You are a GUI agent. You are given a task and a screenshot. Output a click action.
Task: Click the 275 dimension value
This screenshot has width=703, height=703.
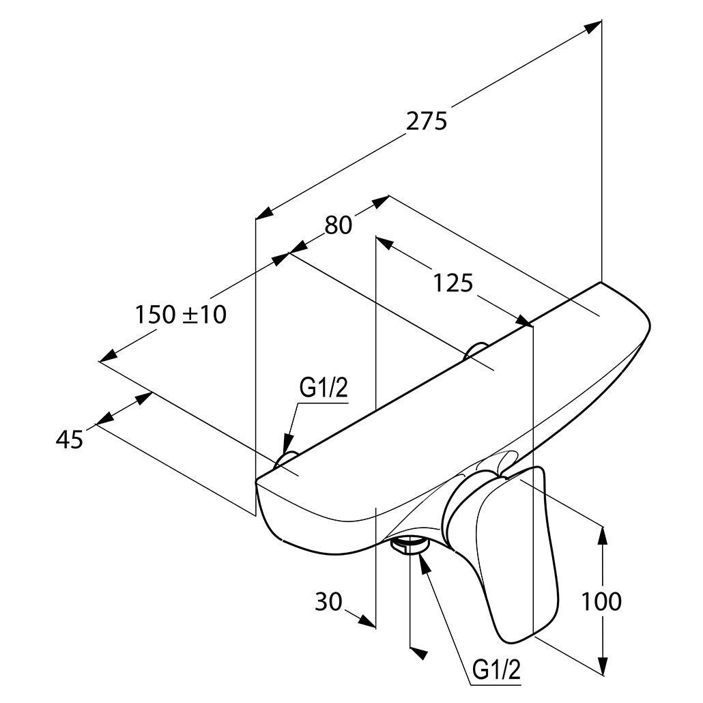tap(427, 121)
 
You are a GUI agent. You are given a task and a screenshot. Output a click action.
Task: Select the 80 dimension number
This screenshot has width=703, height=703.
tap(338, 225)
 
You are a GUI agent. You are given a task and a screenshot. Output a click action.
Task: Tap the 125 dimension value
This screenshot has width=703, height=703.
tap(453, 283)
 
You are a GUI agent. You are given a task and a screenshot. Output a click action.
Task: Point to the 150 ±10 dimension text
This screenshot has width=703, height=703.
tap(181, 314)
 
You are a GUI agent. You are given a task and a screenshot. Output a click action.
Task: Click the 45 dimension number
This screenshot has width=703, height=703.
tap(70, 439)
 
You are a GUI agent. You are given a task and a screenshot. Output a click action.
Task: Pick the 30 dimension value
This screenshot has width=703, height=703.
tap(328, 601)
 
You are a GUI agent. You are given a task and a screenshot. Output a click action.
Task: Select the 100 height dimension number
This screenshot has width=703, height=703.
tap(601, 601)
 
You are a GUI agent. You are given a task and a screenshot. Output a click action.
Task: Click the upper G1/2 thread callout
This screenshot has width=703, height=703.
tap(324, 388)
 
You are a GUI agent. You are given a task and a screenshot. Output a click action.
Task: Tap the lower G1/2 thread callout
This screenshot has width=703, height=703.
tap(497, 670)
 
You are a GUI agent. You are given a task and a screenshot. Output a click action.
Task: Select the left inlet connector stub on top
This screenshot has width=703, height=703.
tap(285, 459)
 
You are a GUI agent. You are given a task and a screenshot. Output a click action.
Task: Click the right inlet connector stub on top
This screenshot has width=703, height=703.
tap(476, 350)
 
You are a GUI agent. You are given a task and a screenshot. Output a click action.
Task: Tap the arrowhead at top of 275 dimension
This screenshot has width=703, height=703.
tap(592, 26)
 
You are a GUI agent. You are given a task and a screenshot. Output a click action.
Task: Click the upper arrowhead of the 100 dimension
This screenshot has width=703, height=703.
tap(603, 535)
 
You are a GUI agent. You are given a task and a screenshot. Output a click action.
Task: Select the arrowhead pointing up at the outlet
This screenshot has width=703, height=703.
tap(424, 562)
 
